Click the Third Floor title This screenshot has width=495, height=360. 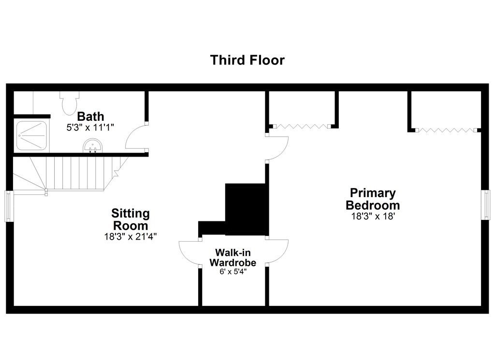(247, 60)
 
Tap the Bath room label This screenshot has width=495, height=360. (90, 116)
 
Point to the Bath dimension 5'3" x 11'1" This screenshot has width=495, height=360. (90, 128)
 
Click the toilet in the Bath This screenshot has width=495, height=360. (70, 103)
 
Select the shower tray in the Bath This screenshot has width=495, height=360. (31, 136)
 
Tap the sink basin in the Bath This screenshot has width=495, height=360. (92, 146)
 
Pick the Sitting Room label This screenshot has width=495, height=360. (131, 219)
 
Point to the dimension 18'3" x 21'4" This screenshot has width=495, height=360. (131, 237)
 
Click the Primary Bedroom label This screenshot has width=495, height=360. (373, 199)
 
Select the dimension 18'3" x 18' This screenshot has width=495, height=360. (373, 216)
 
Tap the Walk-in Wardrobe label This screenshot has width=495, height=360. (233, 258)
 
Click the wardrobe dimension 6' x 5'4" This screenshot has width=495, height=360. (233, 272)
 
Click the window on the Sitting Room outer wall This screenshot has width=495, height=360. (9, 206)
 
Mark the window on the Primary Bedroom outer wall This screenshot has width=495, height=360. (486, 204)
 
